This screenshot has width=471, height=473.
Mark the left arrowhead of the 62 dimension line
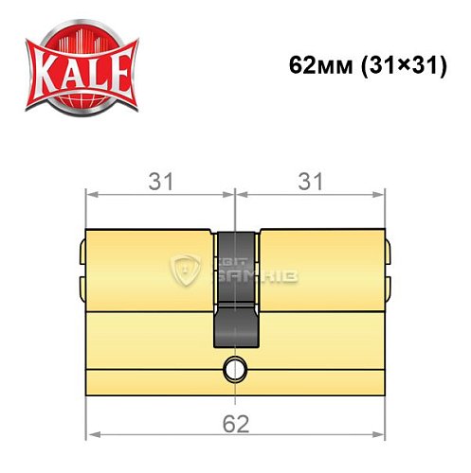click(x=92, y=436)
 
